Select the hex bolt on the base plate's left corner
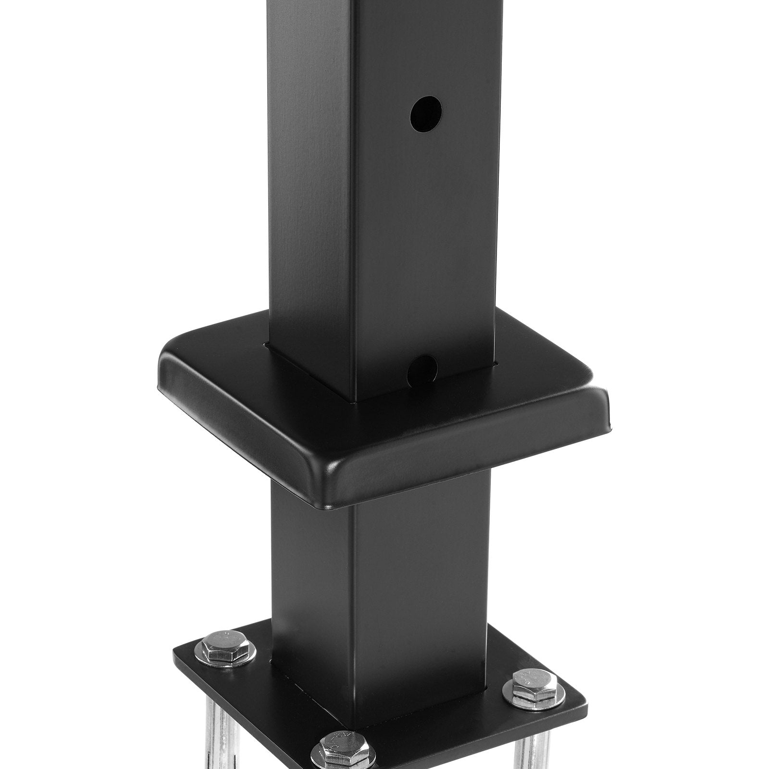225,649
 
